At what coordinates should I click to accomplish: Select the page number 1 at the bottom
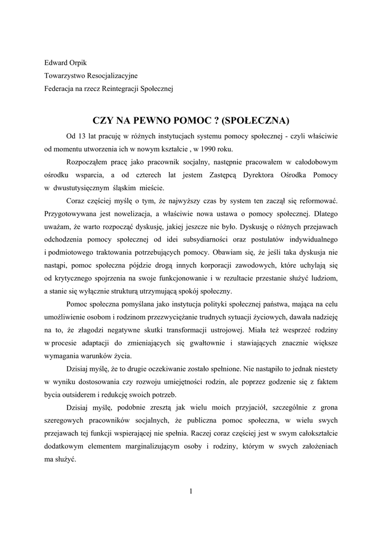tap(191, 492)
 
